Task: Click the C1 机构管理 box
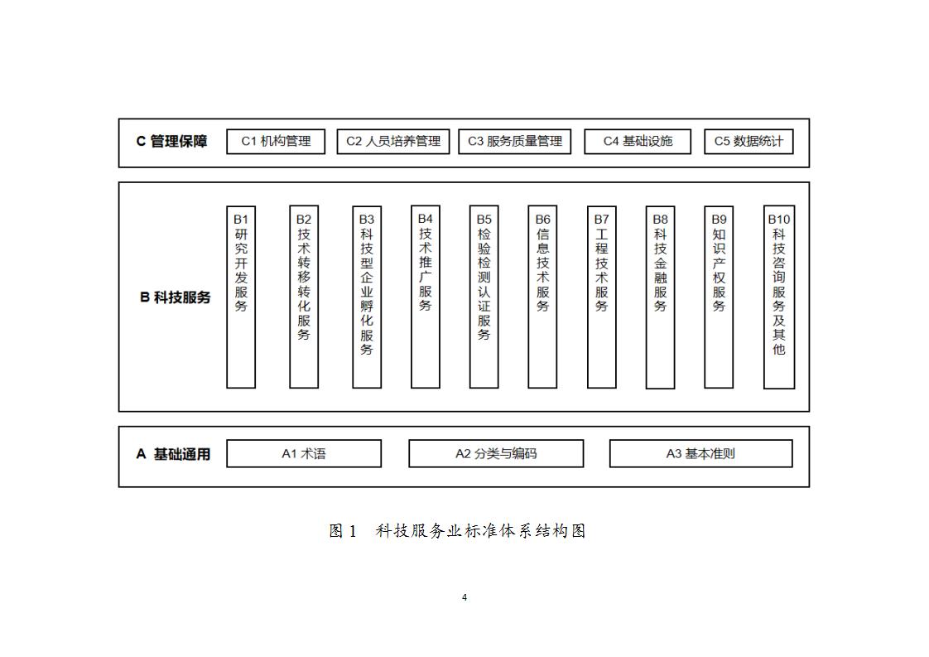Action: [276, 142]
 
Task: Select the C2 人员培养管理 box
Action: [393, 142]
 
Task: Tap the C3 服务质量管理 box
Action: [515, 142]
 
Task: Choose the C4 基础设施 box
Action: [638, 142]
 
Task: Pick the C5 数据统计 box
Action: [748, 142]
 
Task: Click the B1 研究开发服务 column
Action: [241, 297]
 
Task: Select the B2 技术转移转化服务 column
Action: [304, 297]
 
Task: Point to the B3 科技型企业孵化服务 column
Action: [367, 297]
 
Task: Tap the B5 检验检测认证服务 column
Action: [484, 297]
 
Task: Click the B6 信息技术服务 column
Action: [542, 297]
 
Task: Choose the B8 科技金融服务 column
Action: [660, 297]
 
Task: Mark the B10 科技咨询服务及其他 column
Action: [779, 297]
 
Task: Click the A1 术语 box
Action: [304, 454]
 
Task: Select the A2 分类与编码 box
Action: [496, 454]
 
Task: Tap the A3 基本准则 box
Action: [701, 454]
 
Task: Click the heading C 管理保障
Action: [172, 142]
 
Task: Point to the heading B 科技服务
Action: [176, 297]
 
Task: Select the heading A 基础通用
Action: [173, 454]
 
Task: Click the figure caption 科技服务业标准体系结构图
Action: [480, 531]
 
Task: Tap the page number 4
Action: [464, 597]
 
